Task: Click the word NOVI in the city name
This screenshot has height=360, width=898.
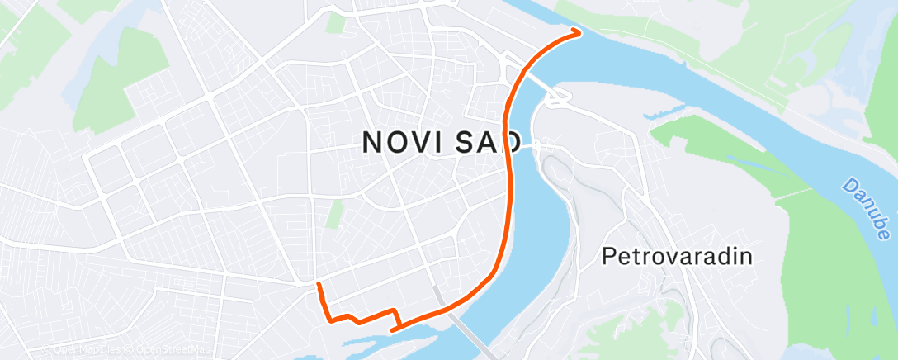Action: click(x=404, y=143)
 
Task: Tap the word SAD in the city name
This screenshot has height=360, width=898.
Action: click(x=487, y=143)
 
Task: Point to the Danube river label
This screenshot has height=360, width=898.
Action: click(x=866, y=207)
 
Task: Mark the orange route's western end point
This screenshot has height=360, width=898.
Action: click(x=318, y=285)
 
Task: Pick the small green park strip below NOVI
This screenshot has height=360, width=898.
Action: click(x=333, y=213)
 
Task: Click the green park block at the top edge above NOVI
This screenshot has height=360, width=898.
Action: click(x=335, y=21)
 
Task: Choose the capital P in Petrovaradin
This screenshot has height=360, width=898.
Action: click(x=609, y=256)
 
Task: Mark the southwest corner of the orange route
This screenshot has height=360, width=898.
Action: click(x=329, y=319)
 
